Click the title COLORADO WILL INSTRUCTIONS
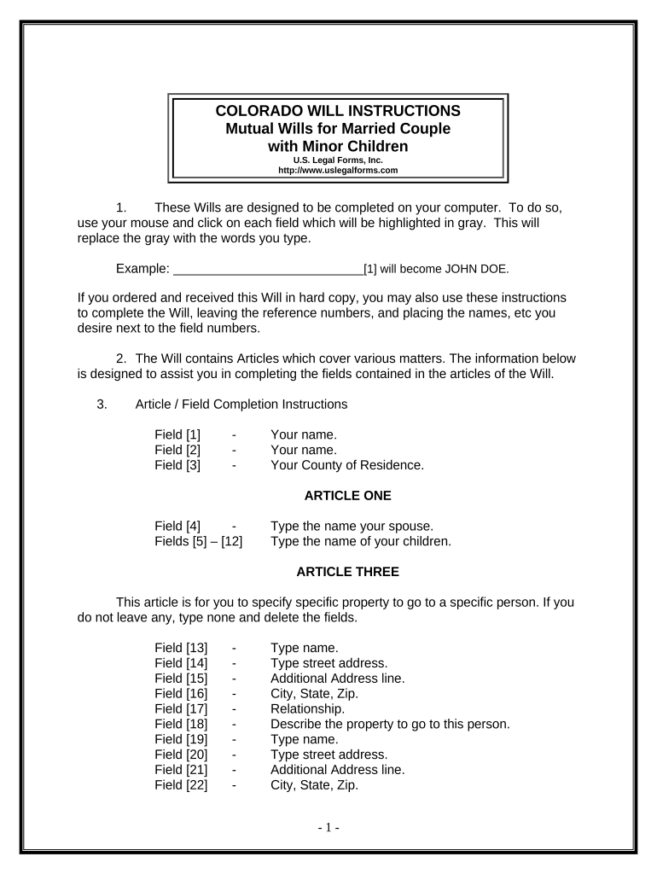click(338, 111)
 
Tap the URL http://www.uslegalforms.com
click(338, 170)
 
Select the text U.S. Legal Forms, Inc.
click(338, 160)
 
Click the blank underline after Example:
click(268, 270)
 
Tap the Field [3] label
click(177, 465)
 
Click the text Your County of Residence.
click(346, 465)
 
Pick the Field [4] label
click(177, 526)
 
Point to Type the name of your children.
click(360, 541)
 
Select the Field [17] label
click(181, 708)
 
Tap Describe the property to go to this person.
click(389, 724)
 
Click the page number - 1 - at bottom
click(328, 827)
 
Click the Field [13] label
click(181, 648)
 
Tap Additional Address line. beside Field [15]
click(337, 679)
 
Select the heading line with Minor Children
click(338, 146)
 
